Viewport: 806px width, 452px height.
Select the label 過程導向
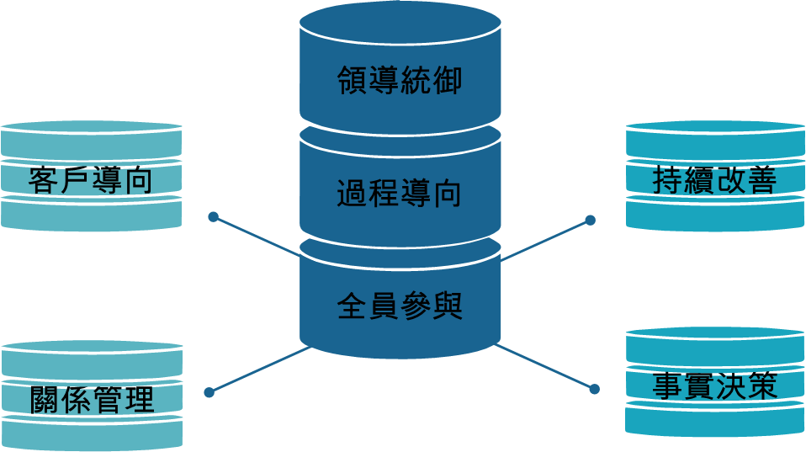[x=400, y=194]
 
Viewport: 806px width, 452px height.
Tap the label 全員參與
[x=400, y=306]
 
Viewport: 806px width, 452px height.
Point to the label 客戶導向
[x=91, y=180]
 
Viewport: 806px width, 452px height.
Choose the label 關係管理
[x=92, y=399]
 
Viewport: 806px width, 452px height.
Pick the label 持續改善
[x=714, y=180]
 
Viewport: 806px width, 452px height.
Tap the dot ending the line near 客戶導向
[x=213, y=217]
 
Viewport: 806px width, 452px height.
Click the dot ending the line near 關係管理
[x=209, y=392]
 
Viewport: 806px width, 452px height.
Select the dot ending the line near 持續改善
[x=590, y=221]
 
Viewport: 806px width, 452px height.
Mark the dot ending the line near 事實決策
[x=594, y=389]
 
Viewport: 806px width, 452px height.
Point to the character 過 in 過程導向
[x=353, y=194]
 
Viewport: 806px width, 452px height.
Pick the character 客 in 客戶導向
[x=44, y=180]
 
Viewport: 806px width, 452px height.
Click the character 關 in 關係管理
[x=45, y=399]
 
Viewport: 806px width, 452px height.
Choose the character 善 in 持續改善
[x=761, y=180]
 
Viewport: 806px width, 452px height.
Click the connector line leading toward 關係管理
[x=257, y=370]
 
